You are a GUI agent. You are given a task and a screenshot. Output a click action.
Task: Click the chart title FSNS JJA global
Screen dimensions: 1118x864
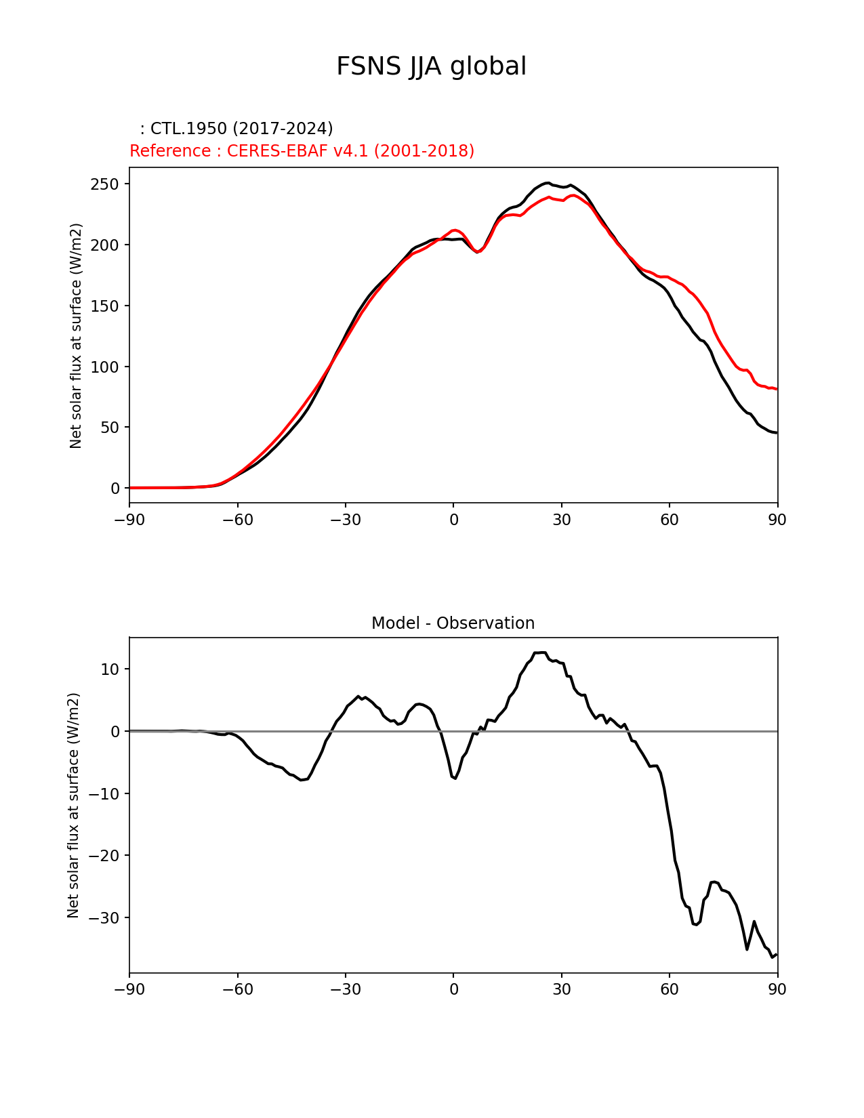431,66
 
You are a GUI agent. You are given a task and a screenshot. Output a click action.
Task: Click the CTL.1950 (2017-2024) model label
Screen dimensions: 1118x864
236,129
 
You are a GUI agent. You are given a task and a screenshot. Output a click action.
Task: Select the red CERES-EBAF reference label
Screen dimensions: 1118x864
302,150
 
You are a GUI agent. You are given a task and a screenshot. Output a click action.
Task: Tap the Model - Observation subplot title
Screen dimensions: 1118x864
453,623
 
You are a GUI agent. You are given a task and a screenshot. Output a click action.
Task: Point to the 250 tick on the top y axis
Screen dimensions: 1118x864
104,184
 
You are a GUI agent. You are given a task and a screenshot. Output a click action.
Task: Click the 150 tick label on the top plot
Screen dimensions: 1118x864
104,306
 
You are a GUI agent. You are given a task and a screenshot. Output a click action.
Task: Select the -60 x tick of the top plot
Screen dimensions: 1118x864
237,520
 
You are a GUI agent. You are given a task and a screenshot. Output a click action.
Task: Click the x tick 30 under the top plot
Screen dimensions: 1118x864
561,520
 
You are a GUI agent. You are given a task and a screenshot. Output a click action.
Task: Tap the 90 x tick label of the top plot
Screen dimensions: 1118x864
777,520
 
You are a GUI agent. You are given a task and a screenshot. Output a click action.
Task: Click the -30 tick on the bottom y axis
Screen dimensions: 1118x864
101,918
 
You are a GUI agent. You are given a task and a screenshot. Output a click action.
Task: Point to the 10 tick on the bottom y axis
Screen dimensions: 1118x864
109,669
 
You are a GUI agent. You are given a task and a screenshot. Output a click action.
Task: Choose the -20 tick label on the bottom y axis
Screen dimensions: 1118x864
101,856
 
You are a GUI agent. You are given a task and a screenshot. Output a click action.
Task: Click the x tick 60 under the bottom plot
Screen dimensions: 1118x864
670,989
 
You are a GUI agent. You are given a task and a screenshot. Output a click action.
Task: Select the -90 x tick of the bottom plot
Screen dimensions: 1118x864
129,989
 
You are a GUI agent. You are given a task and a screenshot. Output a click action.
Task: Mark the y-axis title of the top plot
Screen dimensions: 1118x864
76,335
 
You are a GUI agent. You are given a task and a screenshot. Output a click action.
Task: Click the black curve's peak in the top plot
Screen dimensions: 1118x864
548,183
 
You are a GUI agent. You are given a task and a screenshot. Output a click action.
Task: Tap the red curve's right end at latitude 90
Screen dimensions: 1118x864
777,389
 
